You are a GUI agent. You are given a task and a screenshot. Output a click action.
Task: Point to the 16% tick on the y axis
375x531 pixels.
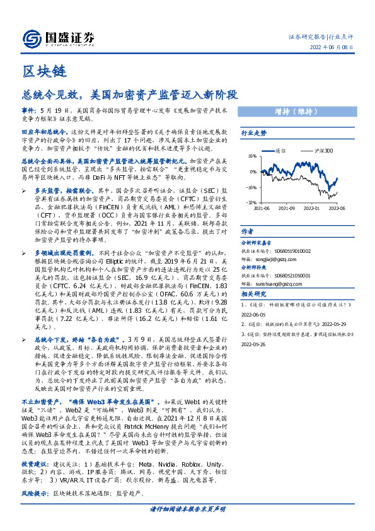click(251, 156)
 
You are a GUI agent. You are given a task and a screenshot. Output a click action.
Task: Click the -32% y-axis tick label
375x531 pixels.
click(251, 202)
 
